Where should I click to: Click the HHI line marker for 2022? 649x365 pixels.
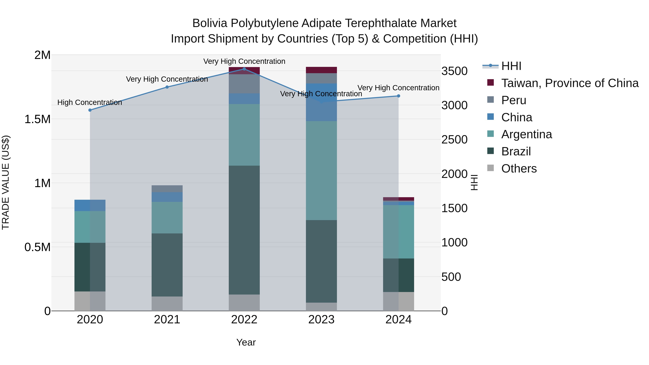pyautogui.click(x=244, y=69)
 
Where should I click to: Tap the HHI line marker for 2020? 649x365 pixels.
pyautogui.click(x=90, y=110)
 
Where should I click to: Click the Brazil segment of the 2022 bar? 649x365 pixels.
pyautogui.click(x=244, y=230)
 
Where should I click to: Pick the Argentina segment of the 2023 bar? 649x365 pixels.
pyautogui.click(x=321, y=171)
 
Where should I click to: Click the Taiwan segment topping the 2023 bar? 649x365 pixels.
pyautogui.click(x=321, y=70)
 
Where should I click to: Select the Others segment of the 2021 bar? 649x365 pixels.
pyautogui.click(x=167, y=304)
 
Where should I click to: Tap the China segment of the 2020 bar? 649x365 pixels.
pyautogui.click(x=90, y=205)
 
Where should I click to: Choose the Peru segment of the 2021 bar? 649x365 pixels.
pyautogui.click(x=167, y=189)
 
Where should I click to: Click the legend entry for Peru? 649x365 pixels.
pyautogui.click(x=513, y=100)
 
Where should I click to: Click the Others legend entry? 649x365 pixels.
pyautogui.click(x=519, y=169)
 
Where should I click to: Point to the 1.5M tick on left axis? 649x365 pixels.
pyautogui.click(x=37, y=119)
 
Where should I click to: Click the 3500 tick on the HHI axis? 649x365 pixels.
pyautogui.click(x=454, y=71)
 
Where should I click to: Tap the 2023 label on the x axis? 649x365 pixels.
pyautogui.click(x=321, y=320)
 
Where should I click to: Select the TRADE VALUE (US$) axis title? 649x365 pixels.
pyautogui.click(x=6, y=182)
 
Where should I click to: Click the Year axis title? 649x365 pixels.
pyautogui.click(x=246, y=342)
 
